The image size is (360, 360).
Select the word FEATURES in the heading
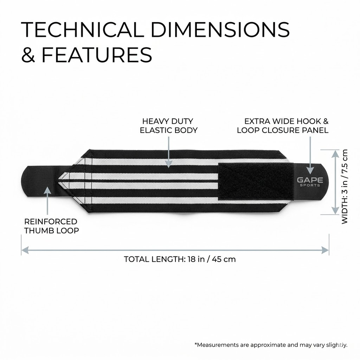(97, 55)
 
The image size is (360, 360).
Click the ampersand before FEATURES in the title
(28, 55)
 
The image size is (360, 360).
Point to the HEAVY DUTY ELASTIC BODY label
(169, 126)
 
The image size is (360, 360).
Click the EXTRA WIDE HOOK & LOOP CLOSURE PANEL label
(283, 126)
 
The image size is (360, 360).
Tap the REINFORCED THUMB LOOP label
(52, 226)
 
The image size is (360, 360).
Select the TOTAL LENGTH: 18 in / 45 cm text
(180, 259)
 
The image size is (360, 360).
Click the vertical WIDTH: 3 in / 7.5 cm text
(345, 187)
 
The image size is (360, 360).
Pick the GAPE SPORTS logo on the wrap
(310, 181)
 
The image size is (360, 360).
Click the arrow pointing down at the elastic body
(169, 163)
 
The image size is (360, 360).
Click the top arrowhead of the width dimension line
(335, 153)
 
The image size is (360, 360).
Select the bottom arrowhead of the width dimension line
(335, 211)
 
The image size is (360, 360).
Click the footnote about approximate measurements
(271, 345)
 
